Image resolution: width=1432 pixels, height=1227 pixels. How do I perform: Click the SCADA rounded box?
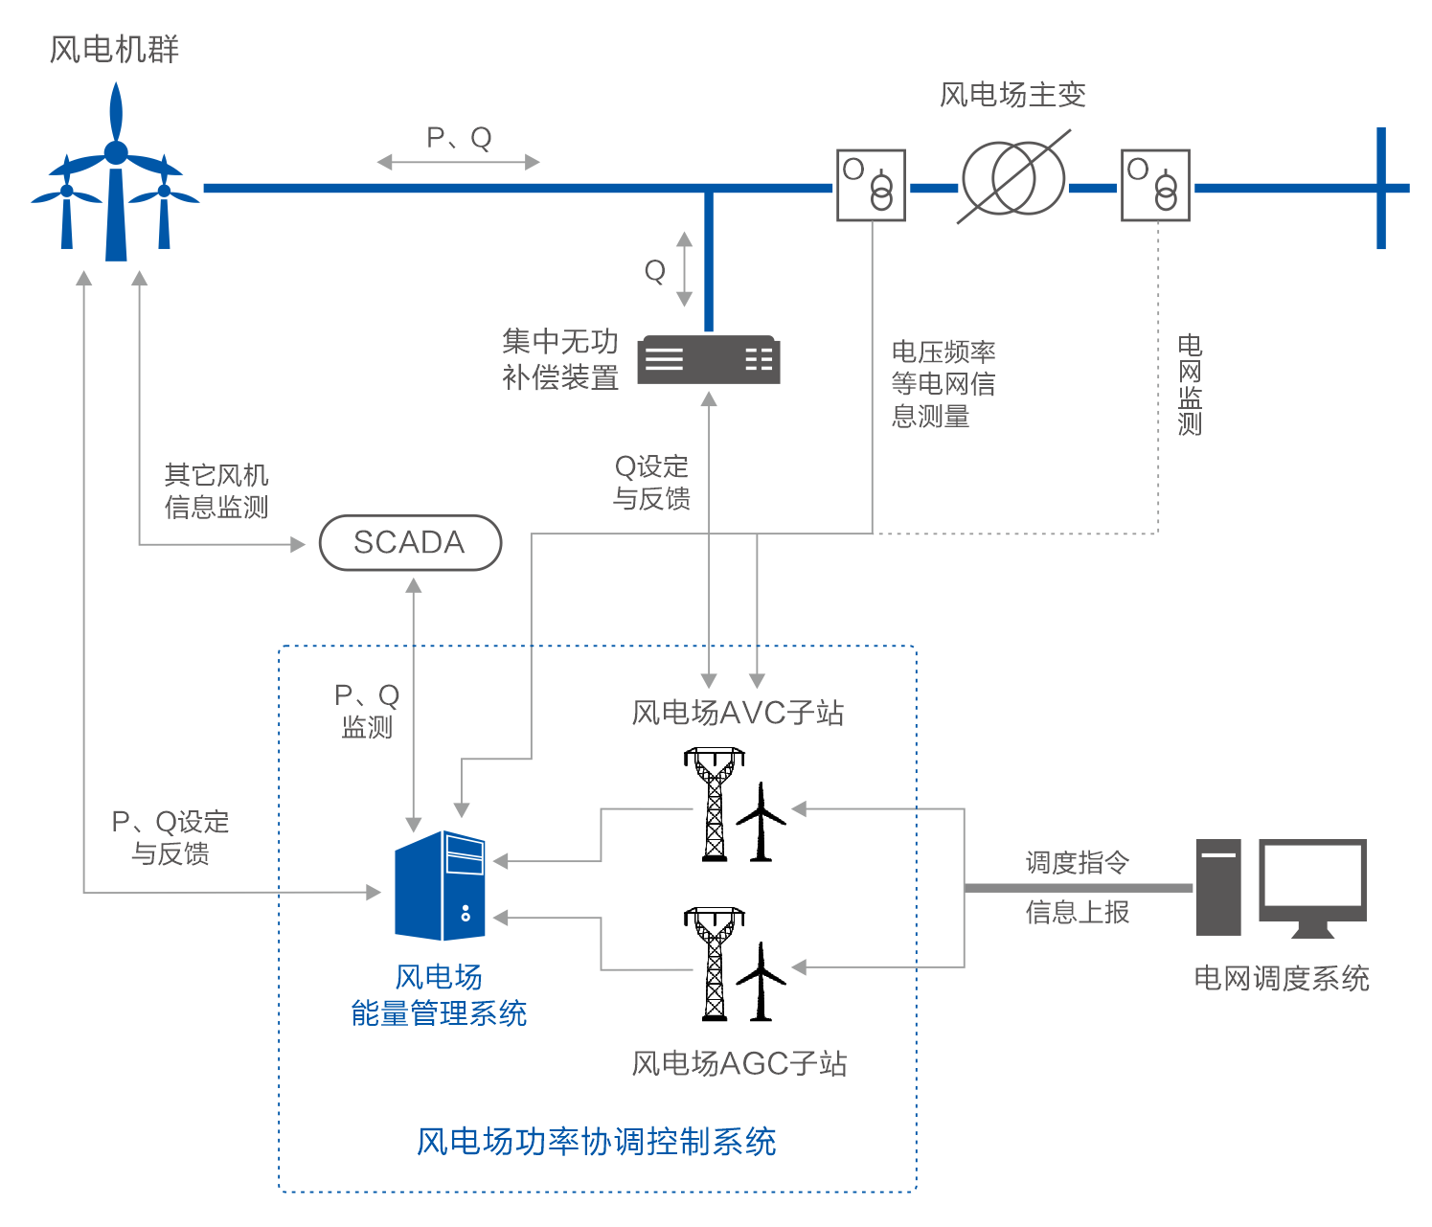point(410,543)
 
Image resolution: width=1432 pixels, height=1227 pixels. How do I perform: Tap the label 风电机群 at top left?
point(114,49)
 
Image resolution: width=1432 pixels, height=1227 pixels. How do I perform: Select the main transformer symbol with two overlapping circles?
point(1013,179)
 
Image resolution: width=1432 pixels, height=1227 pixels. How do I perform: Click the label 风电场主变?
point(1012,95)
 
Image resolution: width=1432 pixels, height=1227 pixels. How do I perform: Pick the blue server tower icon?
point(441,886)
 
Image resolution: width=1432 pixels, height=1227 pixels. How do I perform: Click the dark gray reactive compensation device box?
point(709,359)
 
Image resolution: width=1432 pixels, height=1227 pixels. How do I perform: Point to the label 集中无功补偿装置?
point(560,359)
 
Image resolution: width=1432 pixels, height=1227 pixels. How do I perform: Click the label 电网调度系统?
point(1281,978)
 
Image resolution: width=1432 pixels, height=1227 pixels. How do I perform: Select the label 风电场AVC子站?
point(738,713)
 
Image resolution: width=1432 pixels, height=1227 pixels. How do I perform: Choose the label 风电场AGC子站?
point(739,1063)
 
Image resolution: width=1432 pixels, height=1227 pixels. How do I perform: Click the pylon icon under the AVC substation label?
point(715,805)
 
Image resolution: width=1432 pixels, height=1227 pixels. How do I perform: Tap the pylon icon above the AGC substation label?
point(715,964)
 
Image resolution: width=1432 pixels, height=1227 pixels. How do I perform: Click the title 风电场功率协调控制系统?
point(596,1142)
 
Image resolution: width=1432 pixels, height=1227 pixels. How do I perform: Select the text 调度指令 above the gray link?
point(1078,862)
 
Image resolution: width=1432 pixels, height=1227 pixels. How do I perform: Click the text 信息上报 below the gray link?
point(1078,912)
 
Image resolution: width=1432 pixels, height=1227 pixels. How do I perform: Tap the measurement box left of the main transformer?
point(871,185)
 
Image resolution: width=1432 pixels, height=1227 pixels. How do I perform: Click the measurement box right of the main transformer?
point(1155,185)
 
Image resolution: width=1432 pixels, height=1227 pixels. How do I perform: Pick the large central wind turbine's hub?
point(116,152)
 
